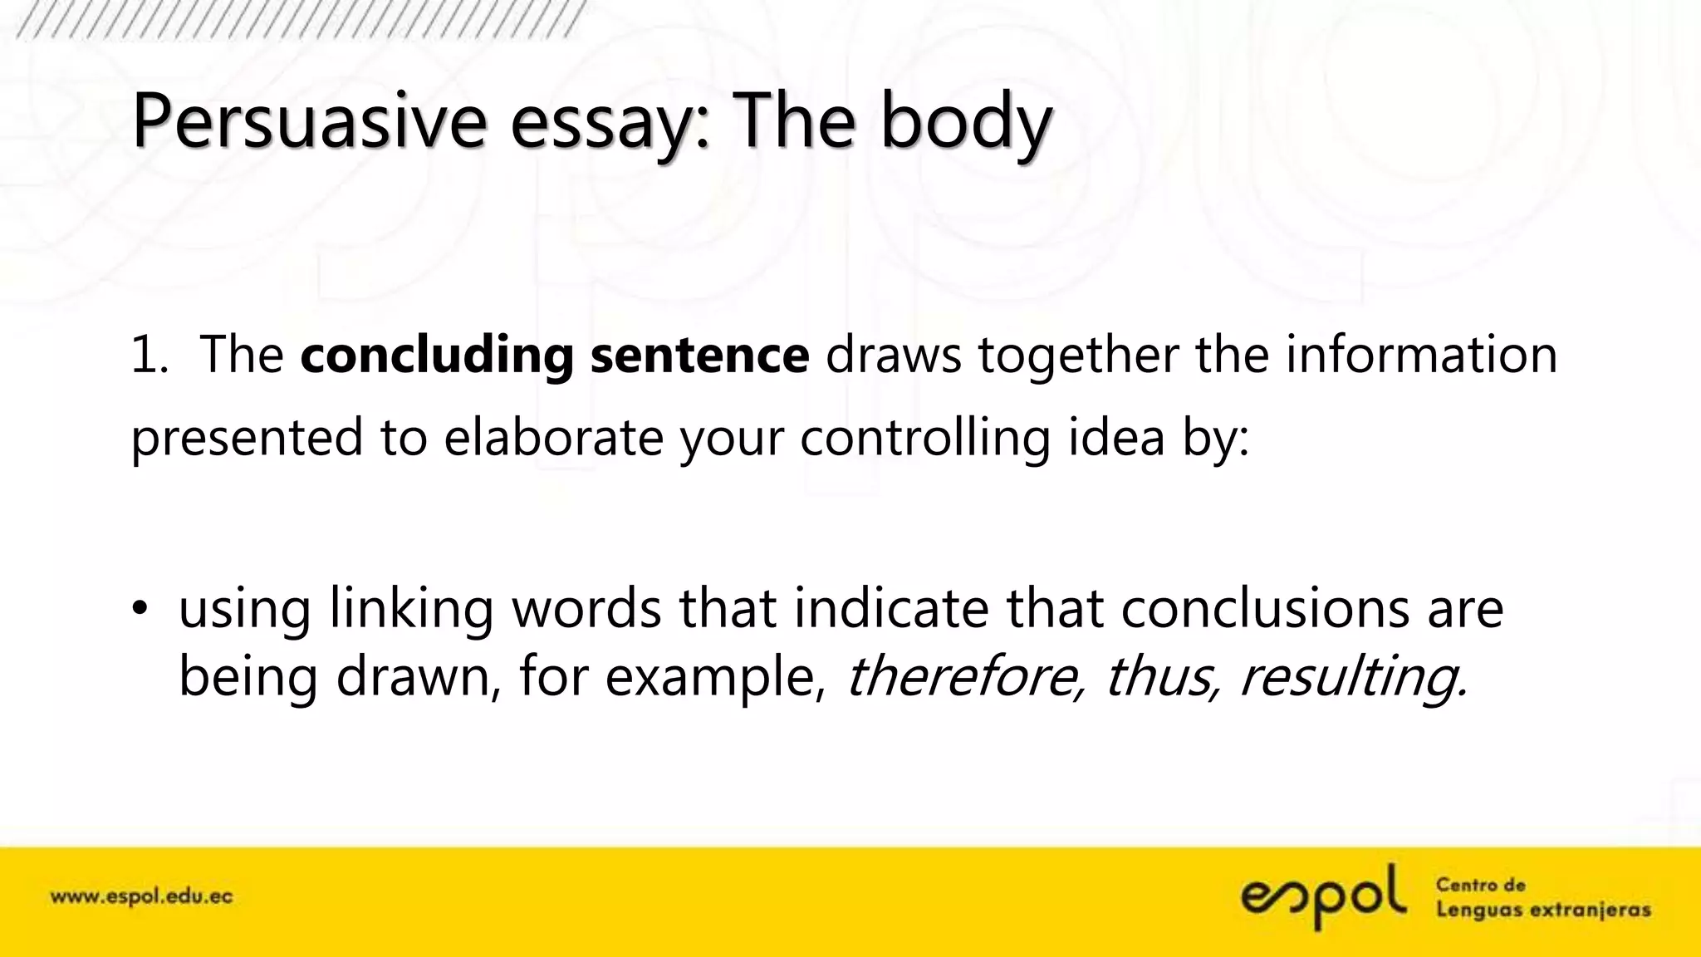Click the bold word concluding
[x=437, y=356]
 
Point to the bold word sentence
[x=699, y=355]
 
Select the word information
[x=1421, y=355]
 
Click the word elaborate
[x=553, y=437]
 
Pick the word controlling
[x=925, y=437]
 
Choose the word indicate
[x=891, y=608]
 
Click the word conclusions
[x=1265, y=608]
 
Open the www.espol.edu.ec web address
[x=142, y=897]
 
